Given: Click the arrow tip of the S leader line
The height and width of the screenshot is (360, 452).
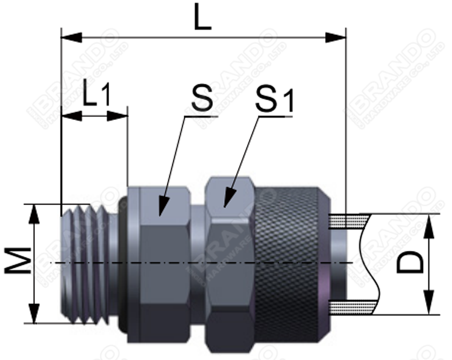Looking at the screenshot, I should point(160,212).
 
